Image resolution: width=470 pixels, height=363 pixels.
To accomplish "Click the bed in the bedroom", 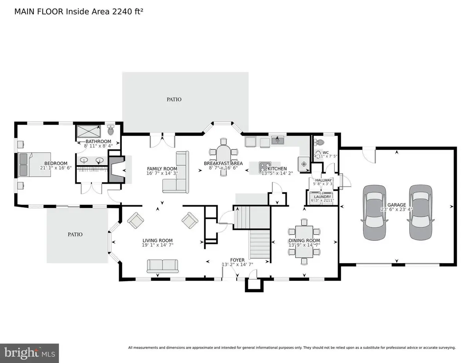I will coord(34,164).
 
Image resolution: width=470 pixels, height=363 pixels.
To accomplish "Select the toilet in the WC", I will coord(320,143).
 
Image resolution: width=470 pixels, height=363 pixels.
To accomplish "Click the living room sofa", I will coord(163,265).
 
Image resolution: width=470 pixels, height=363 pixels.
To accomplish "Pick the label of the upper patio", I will coord(174,99).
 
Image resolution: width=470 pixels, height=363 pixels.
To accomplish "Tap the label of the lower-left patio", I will coord(75,234).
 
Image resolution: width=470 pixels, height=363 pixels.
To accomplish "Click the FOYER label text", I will coord(237,260).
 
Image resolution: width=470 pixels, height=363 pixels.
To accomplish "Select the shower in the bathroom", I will coord(89,131).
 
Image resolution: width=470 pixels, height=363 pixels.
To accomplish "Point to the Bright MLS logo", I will coord(29,352).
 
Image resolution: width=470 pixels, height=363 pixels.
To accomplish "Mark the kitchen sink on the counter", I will coord(278,140).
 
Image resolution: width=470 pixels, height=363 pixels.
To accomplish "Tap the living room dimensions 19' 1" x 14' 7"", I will coord(157,246).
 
